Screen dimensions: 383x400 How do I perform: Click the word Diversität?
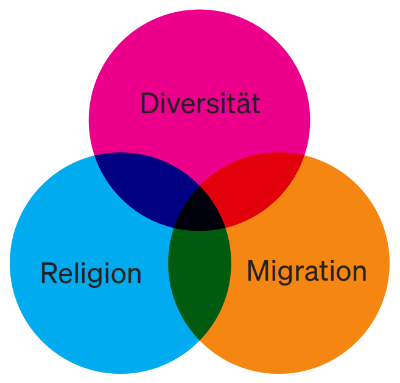(x=200, y=104)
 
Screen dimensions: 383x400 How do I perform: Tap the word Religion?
(x=91, y=273)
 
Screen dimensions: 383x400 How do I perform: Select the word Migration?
(x=306, y=271)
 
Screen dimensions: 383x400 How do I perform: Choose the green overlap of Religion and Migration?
(x=200, y=280)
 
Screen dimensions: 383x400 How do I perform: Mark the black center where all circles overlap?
(x=200, y=210)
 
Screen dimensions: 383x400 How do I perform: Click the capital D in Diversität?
(x=149, y=104)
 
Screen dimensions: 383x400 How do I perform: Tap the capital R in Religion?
(x=49, y=273)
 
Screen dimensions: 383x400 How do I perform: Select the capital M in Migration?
(x=258, y=271)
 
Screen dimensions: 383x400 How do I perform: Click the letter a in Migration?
(x=313, y=272)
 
